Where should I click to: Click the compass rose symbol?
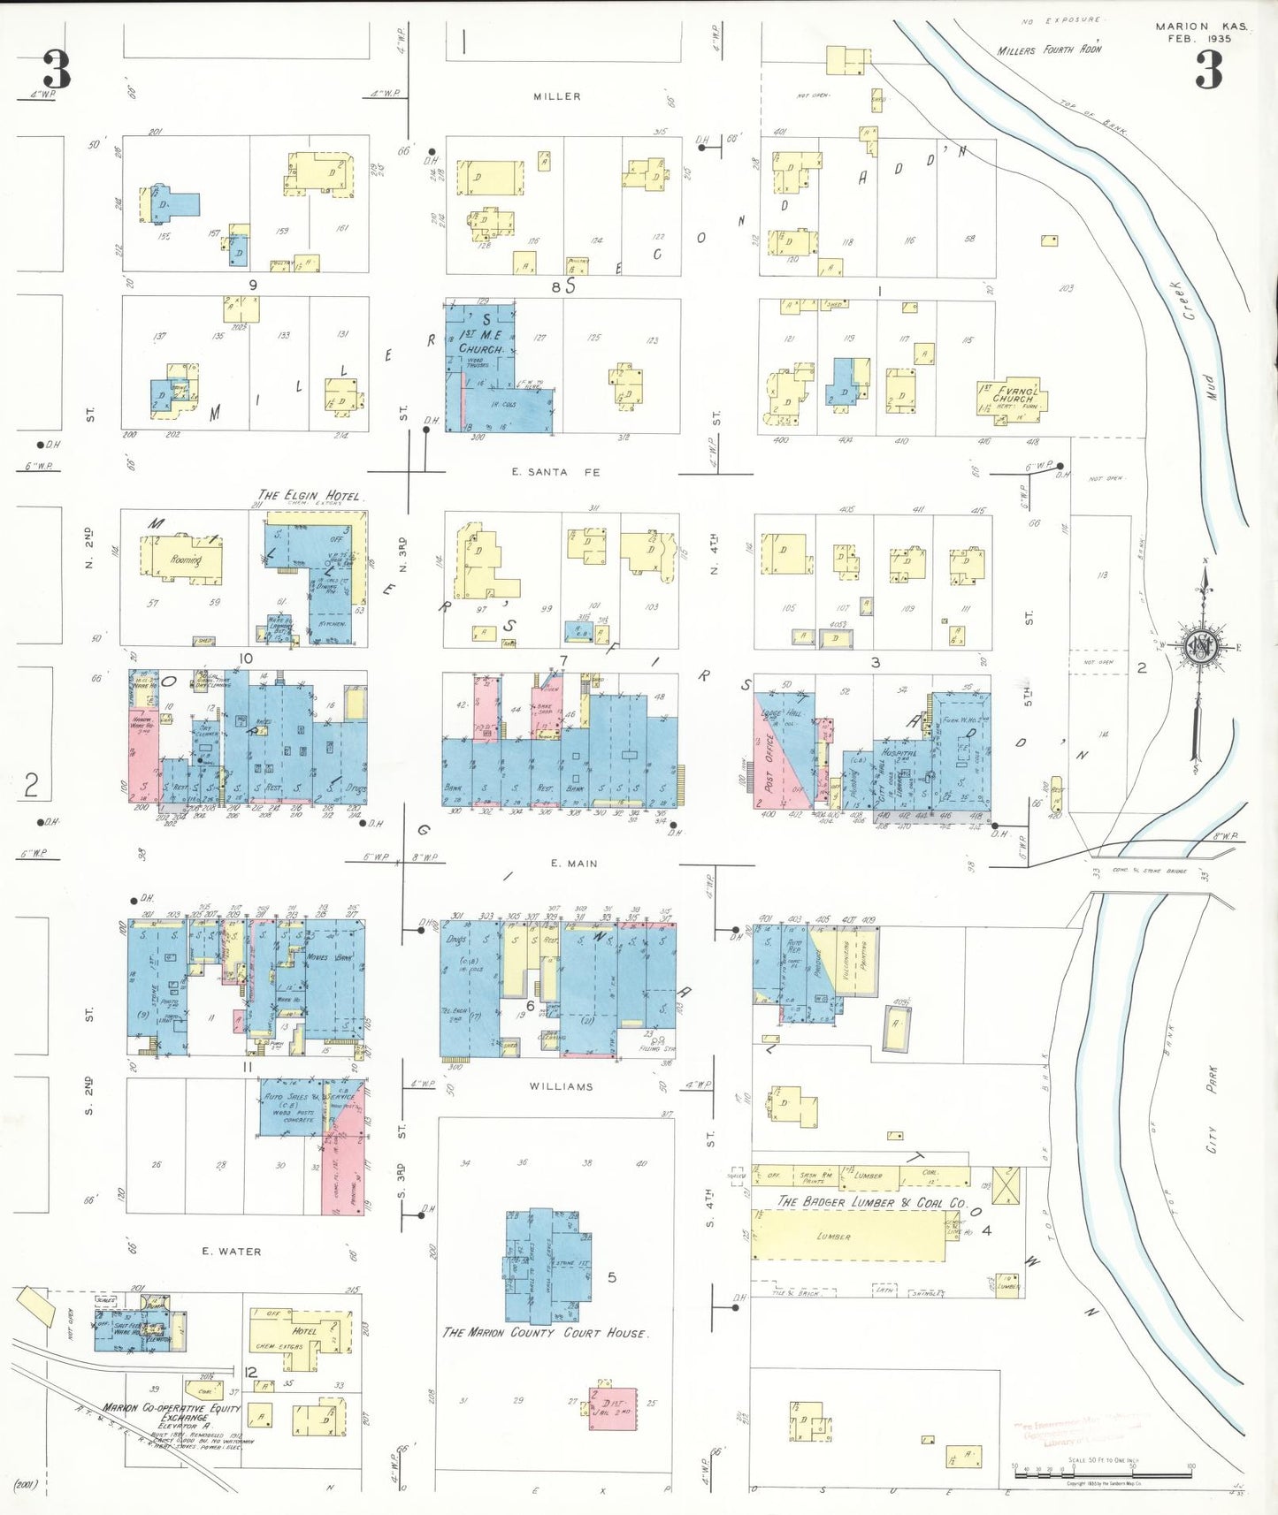1202,646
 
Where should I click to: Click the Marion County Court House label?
545,1332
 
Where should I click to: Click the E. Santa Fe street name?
555,472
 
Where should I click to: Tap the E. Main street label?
574,863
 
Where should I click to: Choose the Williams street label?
562,1086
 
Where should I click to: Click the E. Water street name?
231,1251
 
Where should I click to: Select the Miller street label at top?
557,96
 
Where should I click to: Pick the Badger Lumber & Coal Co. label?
871,1202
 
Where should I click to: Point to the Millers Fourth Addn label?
1049,50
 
